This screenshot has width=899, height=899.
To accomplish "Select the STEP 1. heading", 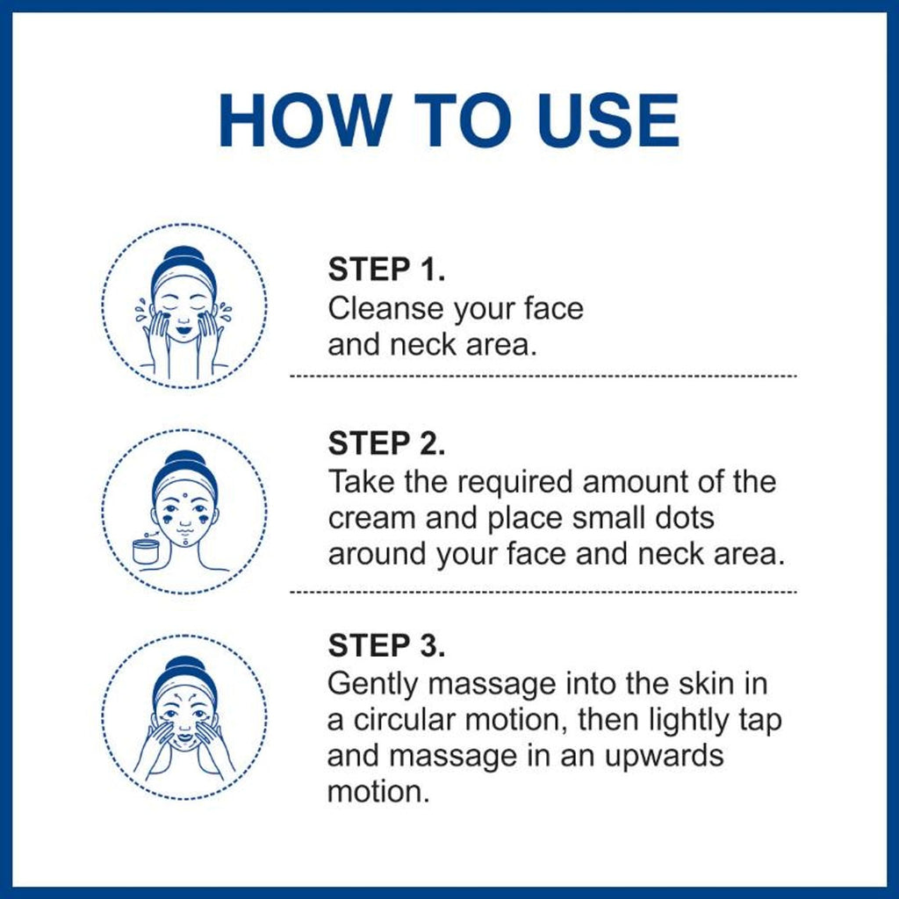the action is (x=386, y=269).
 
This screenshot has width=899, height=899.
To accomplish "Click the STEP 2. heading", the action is (x=386, y=443).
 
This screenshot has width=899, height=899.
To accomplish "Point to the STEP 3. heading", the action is (x=386, y=645).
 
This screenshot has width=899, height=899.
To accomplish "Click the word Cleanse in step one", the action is (x=386, y=308).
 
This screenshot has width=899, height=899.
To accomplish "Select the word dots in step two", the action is (x=685, y=518).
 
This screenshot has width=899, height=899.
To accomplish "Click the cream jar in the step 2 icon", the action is (x=146, y=551).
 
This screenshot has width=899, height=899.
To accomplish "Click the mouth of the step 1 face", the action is (x=183, y=331).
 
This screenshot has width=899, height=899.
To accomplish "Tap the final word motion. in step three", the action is (x=378, y=793).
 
